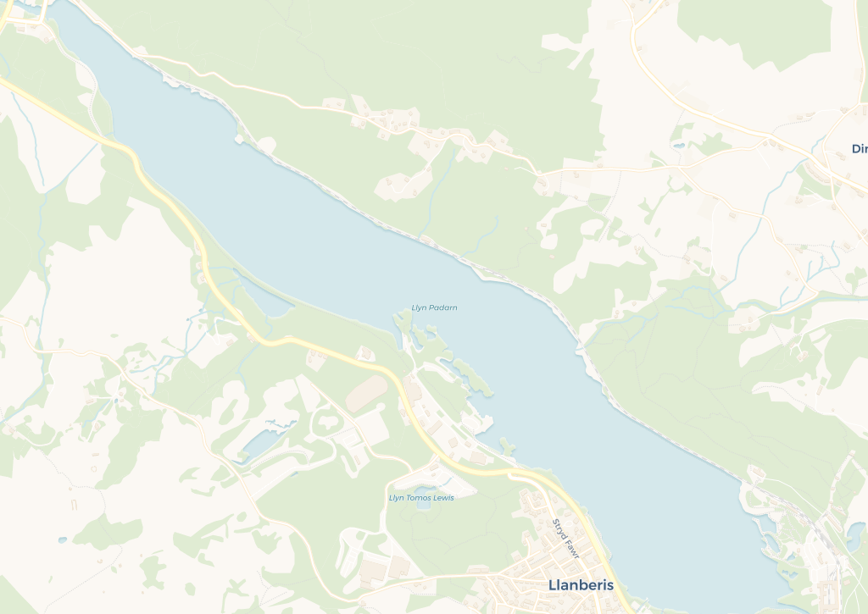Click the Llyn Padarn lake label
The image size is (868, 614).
click(x=434, y=307)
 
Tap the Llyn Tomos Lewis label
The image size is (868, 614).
click(x=421, y=498)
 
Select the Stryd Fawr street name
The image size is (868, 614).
click(x=565, y=539)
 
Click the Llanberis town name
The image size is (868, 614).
click(x=581, y=585)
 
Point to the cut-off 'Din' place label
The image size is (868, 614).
click(x=859, y=149)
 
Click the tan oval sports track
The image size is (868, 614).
click(x=366, y=392)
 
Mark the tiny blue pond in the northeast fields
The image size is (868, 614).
click(x=677, y=146)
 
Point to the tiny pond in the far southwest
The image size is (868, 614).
click(x=62, y=539)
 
